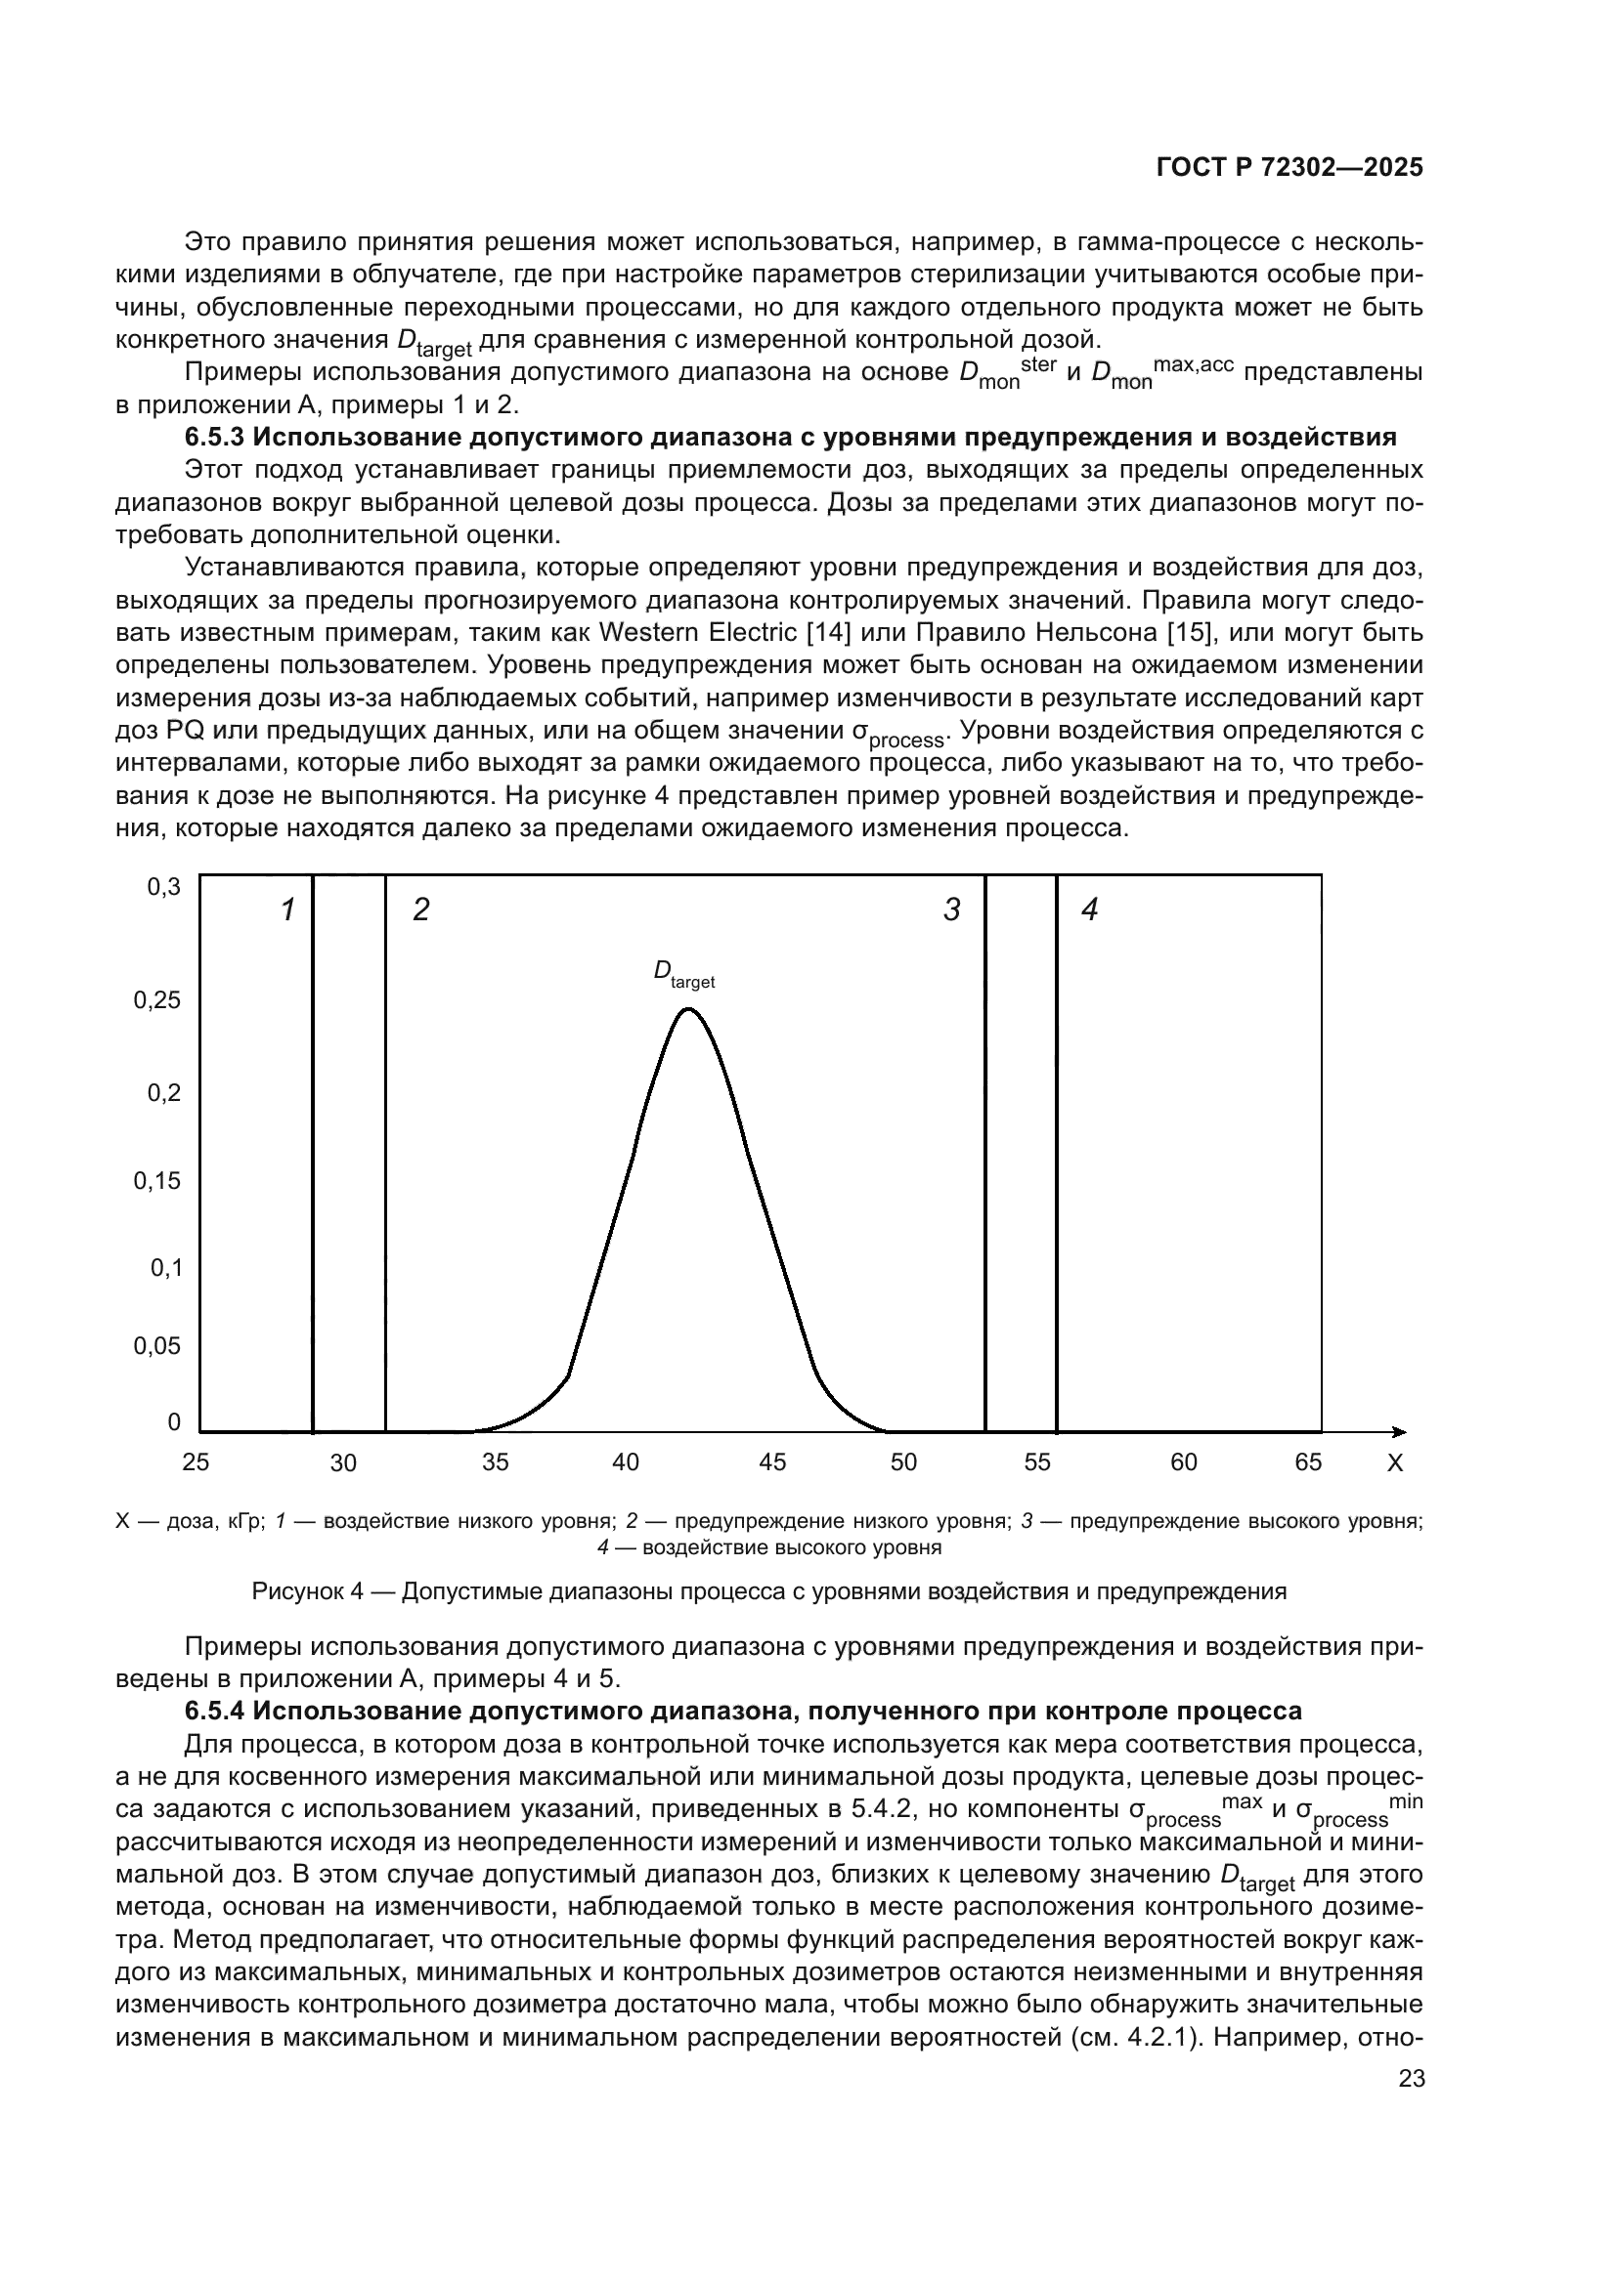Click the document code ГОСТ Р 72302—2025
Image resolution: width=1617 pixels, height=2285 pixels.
1289,167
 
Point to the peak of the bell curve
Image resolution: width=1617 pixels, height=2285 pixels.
688,1009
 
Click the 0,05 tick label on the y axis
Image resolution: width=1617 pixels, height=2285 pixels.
157,1346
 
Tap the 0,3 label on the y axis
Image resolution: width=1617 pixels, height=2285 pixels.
164,887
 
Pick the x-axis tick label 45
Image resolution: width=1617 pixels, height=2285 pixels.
772,1462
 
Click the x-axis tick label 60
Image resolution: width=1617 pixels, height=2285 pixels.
1184,1462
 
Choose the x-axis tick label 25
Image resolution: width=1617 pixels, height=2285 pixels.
197,1462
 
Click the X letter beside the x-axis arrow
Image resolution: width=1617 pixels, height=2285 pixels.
1395,1463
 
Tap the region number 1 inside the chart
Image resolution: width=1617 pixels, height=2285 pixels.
287,910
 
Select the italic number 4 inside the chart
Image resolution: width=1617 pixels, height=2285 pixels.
1089,910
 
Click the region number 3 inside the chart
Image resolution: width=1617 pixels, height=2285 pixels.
952,910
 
